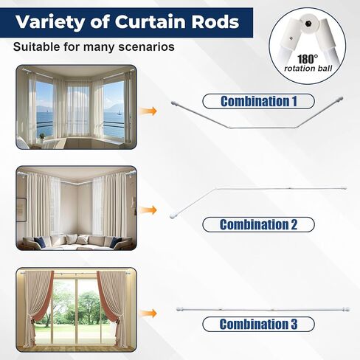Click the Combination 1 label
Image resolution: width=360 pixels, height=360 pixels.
click(258, 101)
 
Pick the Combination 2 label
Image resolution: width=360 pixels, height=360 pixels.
click(258, 224)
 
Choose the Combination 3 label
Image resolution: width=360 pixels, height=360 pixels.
click(258, 324)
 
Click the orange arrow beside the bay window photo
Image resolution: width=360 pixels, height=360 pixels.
click(148, 111)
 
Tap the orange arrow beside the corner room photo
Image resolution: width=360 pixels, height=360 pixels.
click(148, 210)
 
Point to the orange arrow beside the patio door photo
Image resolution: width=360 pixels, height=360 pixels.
click(148, 314)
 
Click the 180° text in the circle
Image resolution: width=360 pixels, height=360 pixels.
click(308, 59)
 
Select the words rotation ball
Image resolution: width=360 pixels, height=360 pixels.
click(308, 68)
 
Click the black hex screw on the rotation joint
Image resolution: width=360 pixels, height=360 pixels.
click(307, 24)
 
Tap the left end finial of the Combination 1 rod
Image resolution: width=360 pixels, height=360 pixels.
click(174, 103)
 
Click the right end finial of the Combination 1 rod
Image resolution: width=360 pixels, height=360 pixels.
click(340, 99)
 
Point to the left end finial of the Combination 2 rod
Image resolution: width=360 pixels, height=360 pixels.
click(173, 216)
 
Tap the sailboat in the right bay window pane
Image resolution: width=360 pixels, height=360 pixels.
click(120, 113)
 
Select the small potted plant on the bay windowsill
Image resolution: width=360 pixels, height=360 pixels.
click(42, 137)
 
